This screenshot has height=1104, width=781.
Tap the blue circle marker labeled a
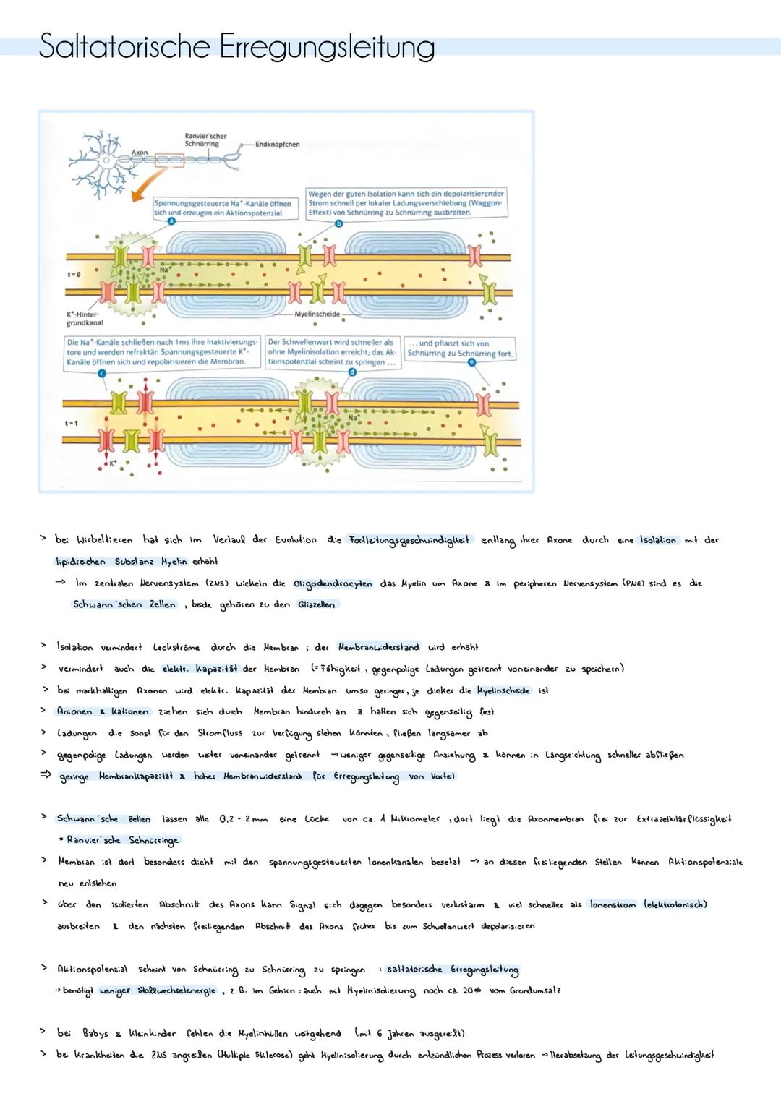171,222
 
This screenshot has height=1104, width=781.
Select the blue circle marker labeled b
339,224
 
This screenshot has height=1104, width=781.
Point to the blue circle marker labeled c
101,372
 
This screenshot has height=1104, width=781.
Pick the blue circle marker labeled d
352,372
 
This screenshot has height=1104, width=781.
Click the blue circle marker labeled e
471,363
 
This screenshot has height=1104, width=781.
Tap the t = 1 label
72,423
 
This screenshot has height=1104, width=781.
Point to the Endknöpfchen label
277,145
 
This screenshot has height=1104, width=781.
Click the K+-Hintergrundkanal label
82,319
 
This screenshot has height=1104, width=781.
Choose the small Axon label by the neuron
140,153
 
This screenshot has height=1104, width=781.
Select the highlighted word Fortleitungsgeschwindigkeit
409,539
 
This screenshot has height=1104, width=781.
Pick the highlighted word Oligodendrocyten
333,583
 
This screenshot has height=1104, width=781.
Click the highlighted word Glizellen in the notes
317,604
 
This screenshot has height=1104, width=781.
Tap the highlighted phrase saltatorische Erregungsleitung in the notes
453,969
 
